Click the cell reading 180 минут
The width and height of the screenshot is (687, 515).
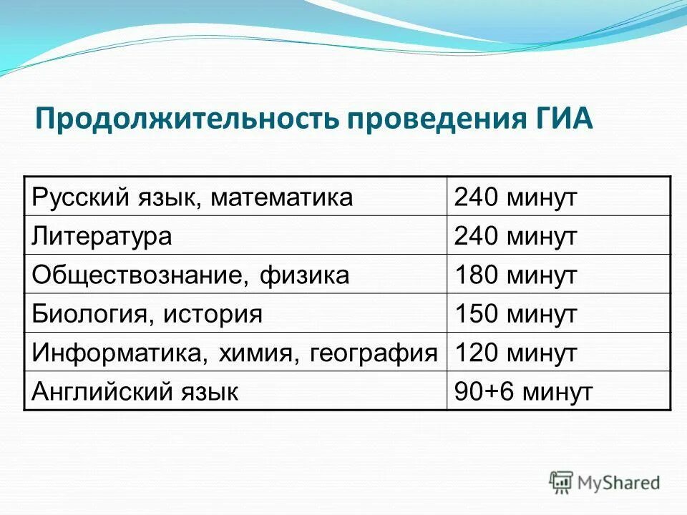pos(515,275)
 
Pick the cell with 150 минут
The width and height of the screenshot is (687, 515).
pos(515,313)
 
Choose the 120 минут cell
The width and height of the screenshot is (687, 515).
pos(515,353)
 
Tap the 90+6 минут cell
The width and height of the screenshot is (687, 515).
pos(523,391)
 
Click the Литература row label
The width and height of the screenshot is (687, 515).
pos(102,236)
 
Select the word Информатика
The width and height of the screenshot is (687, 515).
pos(107,353)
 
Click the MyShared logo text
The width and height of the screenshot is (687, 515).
pos(620,483)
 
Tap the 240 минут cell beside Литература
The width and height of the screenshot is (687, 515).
pos(515,236)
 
